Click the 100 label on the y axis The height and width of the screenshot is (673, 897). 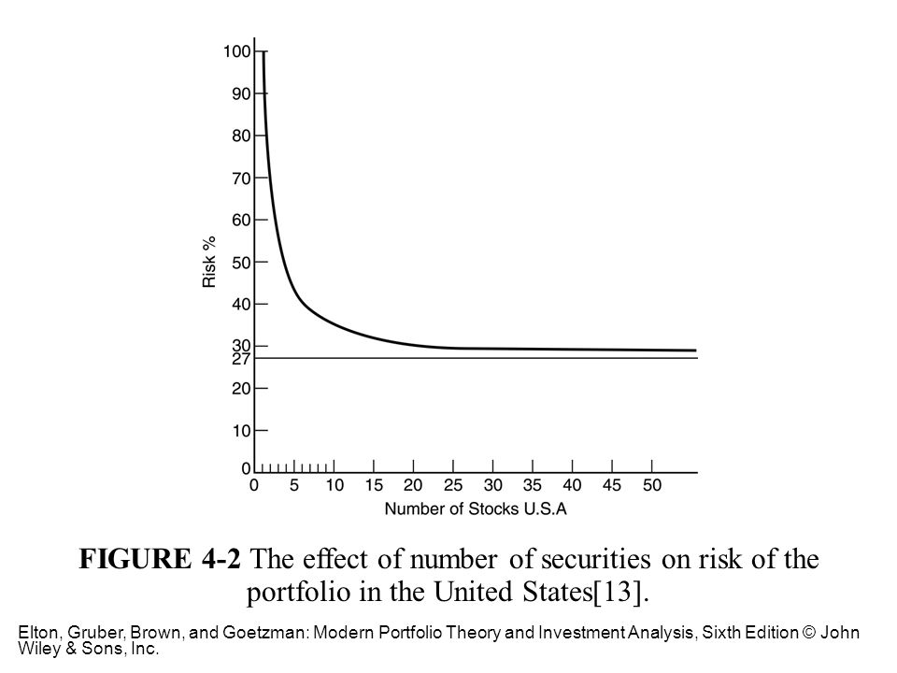[237, 51]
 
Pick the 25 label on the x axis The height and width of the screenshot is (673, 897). [453, 486]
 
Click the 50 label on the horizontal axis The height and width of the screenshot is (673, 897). [651, 486]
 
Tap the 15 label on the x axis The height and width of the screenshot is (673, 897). [374, 486]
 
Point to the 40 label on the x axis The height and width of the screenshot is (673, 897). [572, 486]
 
